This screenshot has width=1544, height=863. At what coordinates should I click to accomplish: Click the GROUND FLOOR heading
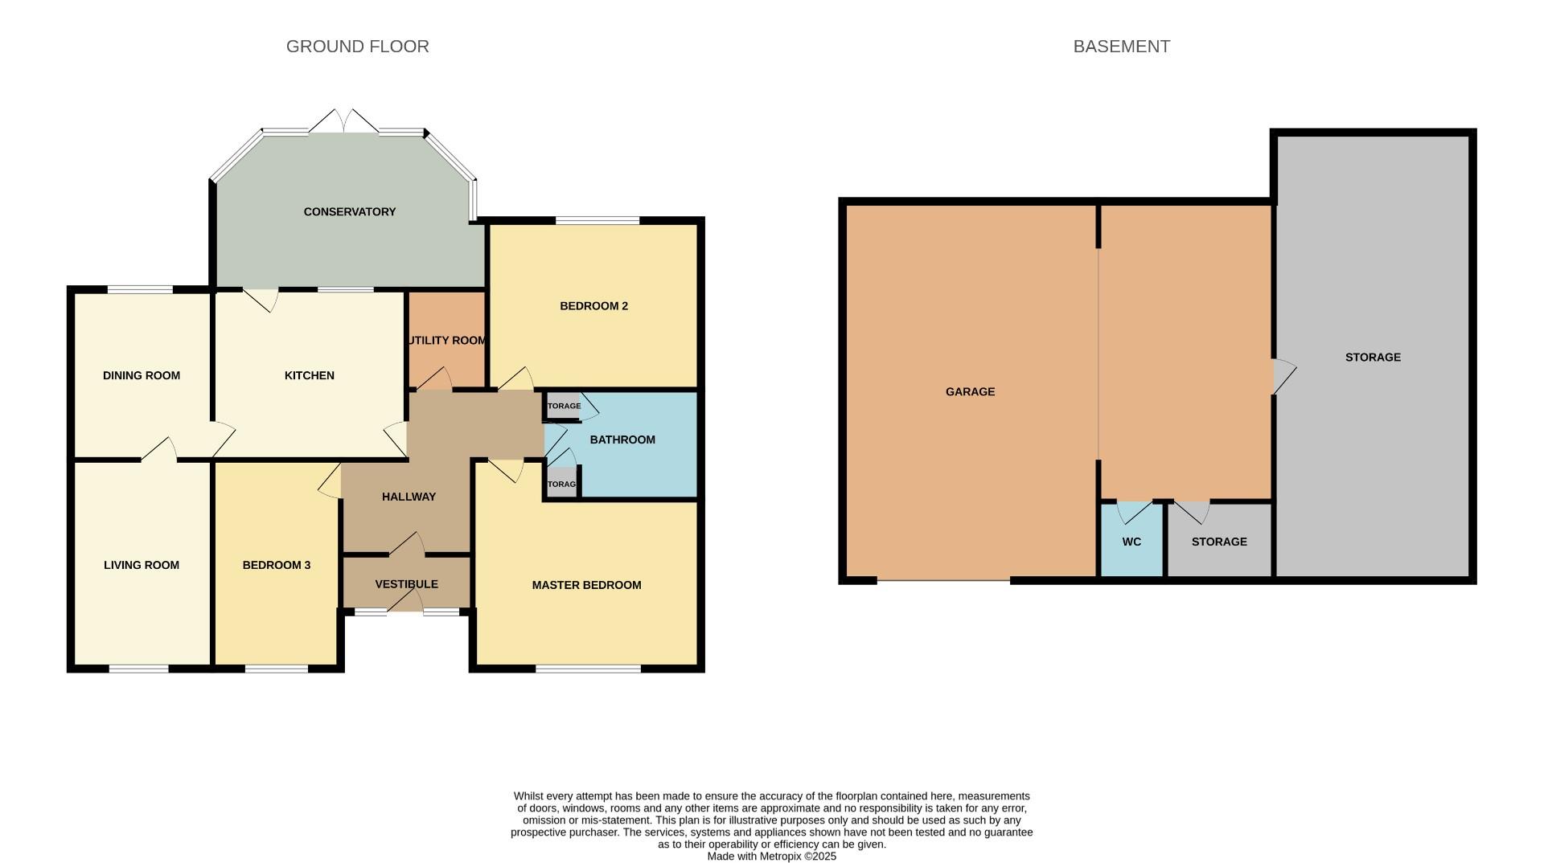(357, 47)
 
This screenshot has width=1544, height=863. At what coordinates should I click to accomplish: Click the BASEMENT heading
(1121, 47)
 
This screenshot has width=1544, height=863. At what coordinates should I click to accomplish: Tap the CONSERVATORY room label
(349, 212)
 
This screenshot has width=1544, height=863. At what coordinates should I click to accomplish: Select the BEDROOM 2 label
(593, 306)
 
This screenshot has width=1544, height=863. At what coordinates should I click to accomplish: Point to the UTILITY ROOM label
(446, 341)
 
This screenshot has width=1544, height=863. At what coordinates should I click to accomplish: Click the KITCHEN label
(309, 376)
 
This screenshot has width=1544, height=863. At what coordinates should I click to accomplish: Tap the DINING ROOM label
(142, 376)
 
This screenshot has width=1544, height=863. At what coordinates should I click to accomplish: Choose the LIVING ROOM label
(142, 566)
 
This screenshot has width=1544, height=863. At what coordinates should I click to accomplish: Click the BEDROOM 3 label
(276, 566)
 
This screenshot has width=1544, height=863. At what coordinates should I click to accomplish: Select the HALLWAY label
(409, 497)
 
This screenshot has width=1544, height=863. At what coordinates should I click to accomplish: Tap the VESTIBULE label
(406, 584)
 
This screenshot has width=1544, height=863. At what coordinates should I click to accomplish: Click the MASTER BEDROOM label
(586, 586)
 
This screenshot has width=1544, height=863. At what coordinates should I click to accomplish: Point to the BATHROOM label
(622, 440)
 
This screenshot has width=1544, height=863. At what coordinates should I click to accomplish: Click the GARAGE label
(970, 392)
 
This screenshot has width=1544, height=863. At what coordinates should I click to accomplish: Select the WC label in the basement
(1131, 542)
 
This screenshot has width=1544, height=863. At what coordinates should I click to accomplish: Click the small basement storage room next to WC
(1219, 542)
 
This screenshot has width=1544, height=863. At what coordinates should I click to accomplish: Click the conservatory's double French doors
(344, 123)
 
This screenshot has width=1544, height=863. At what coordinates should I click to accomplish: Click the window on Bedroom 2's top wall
(597, 220)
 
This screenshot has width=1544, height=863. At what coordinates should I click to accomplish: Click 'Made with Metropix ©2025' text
(771, 857)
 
